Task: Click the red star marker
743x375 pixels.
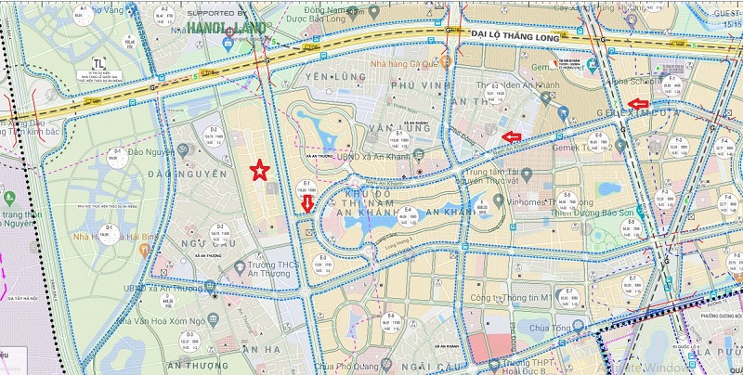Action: click(261, 170)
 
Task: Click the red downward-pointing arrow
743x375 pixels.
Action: click(308, 203)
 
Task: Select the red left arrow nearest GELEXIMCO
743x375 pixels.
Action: click(638, 102)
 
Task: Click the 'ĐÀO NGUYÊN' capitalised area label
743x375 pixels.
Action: click(192, 174)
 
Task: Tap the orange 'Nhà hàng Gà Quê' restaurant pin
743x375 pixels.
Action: click(447, 61)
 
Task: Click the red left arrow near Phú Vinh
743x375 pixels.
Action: click(511, 137)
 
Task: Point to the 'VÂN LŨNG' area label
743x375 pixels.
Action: click(361, 127)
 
